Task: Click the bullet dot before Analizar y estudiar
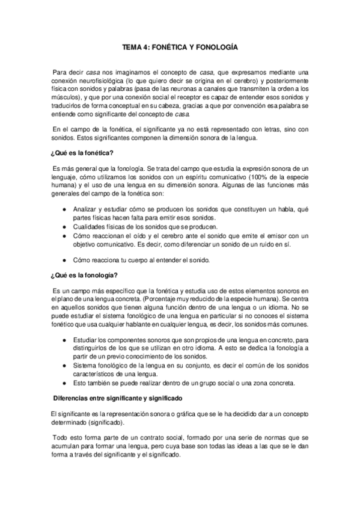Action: click(64, 207)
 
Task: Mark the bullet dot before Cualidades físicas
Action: click(64, 227)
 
